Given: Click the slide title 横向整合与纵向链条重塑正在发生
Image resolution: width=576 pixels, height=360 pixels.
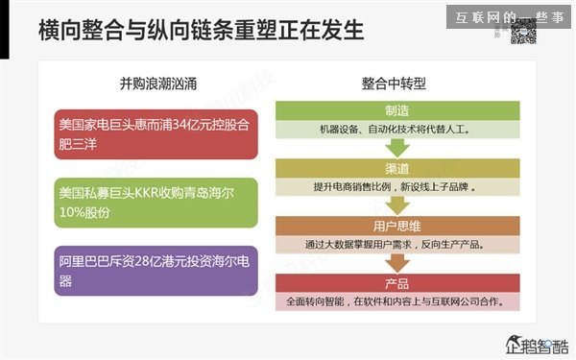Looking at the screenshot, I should click(202, 31).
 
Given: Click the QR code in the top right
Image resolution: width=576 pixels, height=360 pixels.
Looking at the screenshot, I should click(521, 32).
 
